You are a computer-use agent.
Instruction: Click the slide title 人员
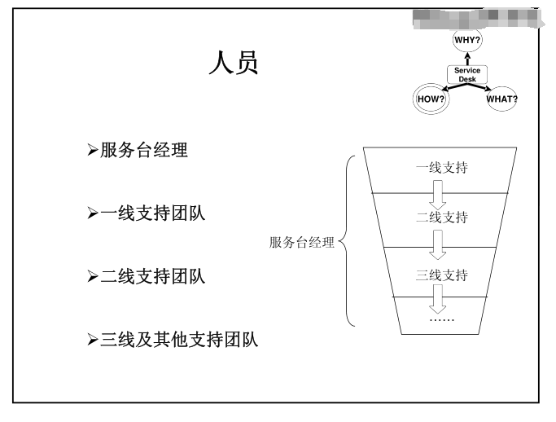(234, 64)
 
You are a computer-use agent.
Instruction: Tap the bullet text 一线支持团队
(152, 213)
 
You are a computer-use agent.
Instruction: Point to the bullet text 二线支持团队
(152, 277)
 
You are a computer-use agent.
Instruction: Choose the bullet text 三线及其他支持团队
(178, 340)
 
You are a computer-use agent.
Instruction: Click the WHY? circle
(467, 40)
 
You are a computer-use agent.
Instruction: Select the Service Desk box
(467, 75)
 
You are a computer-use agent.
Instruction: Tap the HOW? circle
(431, 99)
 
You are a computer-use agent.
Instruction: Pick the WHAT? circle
(501, 99)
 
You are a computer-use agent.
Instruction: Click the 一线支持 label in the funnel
(441, 168)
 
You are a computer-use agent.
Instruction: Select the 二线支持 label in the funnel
(441, 218)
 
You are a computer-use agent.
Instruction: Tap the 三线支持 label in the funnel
(441, 275)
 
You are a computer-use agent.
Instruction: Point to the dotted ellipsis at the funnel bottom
(441, 319)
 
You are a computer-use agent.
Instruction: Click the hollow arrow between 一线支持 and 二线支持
(439, 194)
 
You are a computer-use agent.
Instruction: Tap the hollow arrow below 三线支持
(439, 298)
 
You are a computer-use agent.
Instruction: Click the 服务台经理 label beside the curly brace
(302, 242)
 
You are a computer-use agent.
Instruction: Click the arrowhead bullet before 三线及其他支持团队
(92, 340)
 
